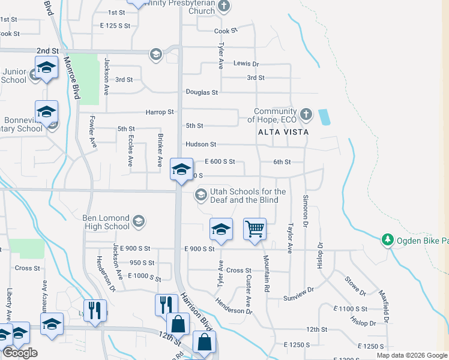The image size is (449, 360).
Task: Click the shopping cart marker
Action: pos(255,229)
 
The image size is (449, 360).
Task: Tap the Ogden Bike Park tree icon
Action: pos(388,240)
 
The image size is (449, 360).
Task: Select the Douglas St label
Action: pos(202,92)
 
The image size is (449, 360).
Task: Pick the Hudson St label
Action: pos(200,145)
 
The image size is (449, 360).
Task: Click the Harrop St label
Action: pos(159,112)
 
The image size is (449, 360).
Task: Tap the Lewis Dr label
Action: pos(246,64)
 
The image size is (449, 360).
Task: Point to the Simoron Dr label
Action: pos(306,210)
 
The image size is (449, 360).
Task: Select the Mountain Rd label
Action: pos(265,274)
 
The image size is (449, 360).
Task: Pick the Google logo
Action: pos(20,353)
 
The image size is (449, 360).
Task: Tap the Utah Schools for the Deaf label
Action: pos(247,196)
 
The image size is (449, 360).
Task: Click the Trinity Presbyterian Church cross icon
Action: pos(224,6)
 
